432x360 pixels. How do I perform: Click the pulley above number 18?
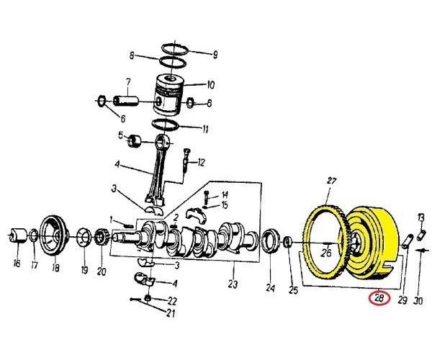tap(53, 235)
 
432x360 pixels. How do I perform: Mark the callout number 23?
tap(232, 284)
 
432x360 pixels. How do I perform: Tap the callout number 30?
tap(418, 301)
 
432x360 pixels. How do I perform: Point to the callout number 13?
tap(422, 217)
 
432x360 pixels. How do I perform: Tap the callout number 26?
tap(327, 253)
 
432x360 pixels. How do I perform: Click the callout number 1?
tap(112, 219)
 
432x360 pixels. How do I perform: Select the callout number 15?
tap(225, 205)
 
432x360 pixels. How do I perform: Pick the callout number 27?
tap(332, 180)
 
